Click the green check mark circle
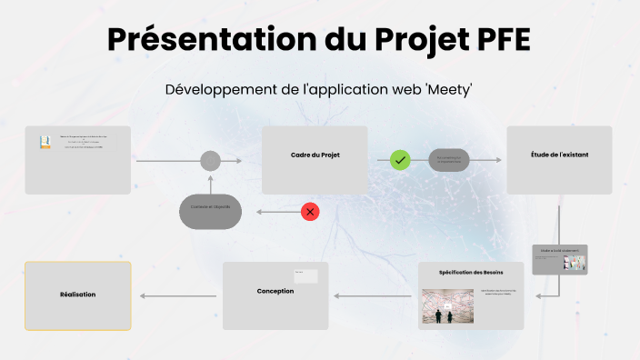pyautogui.click(x=400, y=160)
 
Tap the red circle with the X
pyautogui.click(x=311, y=212)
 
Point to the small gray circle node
pyautogui.click(x=210, y=161)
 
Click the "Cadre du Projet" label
pyautogui.click(x=315, y=155)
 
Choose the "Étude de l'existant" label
pyautogui.click(x=559, y=155)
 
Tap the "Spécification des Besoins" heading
pyautogui.click(x=471, y=273)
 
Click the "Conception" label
pyautogui.click(x=275, y=291)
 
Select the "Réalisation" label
pyautogui.click(x=78, y=295)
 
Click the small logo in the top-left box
pyautogui.click(x=44, y=142)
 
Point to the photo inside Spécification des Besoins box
pyautogui.click(x=447, y=306)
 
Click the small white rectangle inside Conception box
pyautogui.click(x=305, y=275)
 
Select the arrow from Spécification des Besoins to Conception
pyautogui.click(x=373, y=295)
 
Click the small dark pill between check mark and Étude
pyautogui.click(x=449, y=160)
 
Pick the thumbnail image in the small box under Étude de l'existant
pyautogui.click(x=575, y=262)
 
